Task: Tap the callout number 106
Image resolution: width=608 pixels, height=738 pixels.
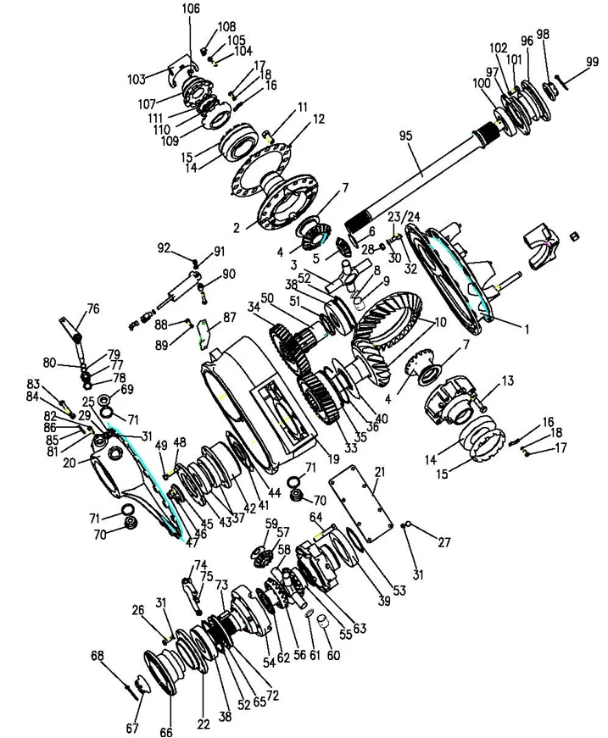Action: [x=191, y=9]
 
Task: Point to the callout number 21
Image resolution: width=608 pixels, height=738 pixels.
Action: [x=379, y=471]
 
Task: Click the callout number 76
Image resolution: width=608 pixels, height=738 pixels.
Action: [x=92, y=308]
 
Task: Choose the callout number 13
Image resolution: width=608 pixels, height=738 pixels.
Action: [x=507, y=381]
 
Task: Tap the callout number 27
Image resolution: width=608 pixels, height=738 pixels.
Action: [x=444, y=544]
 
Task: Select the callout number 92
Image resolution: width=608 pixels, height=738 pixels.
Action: [x=164, y=248]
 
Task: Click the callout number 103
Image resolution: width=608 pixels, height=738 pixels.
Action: [x=136, y=79]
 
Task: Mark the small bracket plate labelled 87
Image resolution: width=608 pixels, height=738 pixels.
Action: [x=200, y=330]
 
